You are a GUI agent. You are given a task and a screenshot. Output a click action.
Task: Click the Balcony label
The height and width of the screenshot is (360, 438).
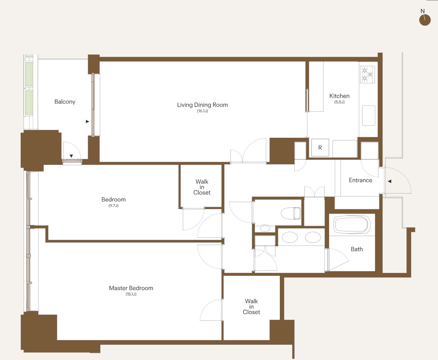(x=65, y=102)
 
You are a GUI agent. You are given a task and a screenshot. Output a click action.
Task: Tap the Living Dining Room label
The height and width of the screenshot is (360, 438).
(x=202, y=105)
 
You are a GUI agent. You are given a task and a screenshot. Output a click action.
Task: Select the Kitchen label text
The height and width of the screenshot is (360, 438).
(x=339, y=96)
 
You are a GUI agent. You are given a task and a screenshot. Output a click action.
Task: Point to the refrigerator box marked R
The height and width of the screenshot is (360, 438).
(x=320, y=147)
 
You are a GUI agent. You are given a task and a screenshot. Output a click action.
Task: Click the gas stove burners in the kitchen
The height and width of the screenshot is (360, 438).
(x=367, y=74)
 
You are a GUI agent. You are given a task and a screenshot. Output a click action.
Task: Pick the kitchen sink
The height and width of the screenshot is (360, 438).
(x=369, y=115)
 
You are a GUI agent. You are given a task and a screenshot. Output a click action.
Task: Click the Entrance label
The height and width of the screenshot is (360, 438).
(x=361, y=180)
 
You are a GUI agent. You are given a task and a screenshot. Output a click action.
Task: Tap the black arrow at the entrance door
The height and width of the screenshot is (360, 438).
(x=389, y=181)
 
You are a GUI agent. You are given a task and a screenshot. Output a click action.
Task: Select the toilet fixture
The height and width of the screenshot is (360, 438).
(x=291, y=213)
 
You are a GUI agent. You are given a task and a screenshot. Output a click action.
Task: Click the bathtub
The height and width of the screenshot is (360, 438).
(x=352, y=225)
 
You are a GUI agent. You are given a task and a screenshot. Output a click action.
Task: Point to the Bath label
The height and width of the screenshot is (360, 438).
(x=357, y=249)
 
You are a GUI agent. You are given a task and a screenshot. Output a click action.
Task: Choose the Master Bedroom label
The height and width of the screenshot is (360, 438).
(x=131, y=288)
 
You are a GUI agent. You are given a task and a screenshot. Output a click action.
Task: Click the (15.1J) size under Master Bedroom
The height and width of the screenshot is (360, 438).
(x=131, y=294)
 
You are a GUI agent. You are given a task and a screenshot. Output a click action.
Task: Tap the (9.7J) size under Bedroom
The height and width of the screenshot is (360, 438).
(x=113, y=205)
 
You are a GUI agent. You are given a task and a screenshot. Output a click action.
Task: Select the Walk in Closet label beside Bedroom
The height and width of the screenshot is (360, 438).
(x=202, y=187)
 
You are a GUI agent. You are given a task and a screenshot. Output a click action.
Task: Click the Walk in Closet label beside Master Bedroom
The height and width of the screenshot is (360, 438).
(x=252, y=306)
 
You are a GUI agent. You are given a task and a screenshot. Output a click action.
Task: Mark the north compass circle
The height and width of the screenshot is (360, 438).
(x=425, y=20)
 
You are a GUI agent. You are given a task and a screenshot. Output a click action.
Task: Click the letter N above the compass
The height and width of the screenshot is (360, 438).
(x=423, y=11)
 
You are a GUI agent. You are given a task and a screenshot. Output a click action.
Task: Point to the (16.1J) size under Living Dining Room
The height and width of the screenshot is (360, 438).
(x=202, y=111)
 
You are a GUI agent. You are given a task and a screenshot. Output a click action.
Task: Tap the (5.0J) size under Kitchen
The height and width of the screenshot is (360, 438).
(x=339, y=102)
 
